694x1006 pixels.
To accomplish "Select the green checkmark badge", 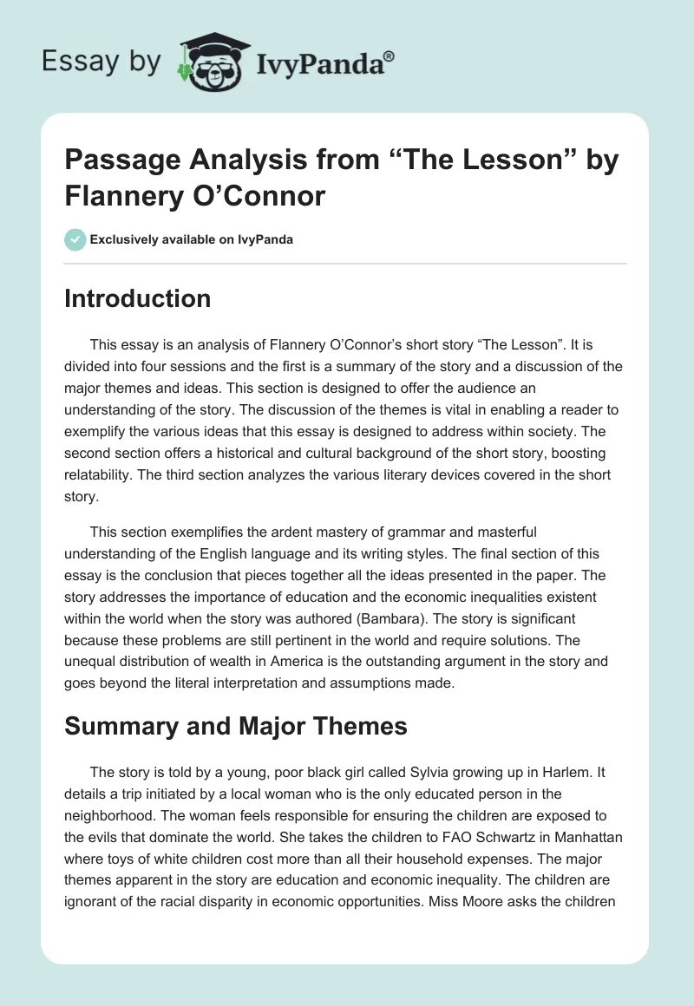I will [x=75, y=239].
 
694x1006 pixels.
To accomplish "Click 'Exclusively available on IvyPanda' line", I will [x=191, y=239].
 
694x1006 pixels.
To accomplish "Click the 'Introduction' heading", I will [x=138, y=298].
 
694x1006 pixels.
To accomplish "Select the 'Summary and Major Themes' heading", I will [x=236, y=726].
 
